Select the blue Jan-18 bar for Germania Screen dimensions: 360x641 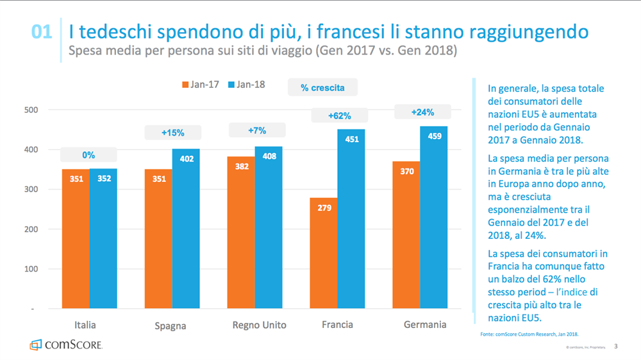point(434,218)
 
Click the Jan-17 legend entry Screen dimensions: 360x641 point(201,85)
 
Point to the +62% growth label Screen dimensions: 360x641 point(339,116)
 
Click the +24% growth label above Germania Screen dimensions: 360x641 point(423,112)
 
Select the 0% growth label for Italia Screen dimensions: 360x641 point(88,155)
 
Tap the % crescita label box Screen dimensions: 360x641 point(322,87)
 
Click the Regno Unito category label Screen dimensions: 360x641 point(259,325)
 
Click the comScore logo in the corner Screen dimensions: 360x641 point(65,345)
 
